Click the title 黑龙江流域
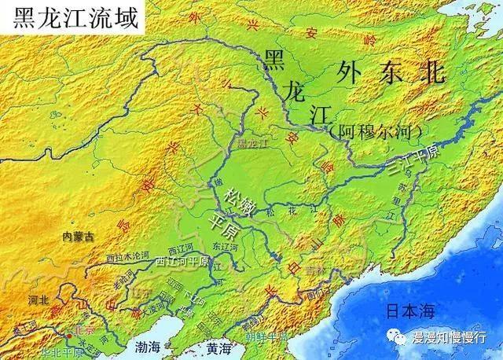click(70, 17)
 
